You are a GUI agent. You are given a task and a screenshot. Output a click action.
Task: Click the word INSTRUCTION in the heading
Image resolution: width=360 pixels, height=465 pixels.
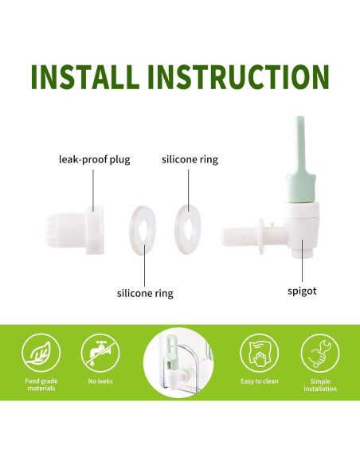click(239, 76)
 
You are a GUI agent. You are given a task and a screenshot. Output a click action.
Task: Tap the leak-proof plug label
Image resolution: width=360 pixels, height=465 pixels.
click(94, 159)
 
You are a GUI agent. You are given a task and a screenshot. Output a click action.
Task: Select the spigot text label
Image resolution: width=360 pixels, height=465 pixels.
click(302, 291)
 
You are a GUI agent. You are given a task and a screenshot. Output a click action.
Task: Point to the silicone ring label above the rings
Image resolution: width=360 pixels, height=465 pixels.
click(190, 159)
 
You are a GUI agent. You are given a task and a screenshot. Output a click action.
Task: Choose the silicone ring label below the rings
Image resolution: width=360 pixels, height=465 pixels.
click(145, 293)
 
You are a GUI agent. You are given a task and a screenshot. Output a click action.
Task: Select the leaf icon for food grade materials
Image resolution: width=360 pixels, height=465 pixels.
click(40, 352)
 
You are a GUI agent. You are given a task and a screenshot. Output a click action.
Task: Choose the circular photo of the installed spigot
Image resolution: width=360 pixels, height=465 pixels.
click(180, 363)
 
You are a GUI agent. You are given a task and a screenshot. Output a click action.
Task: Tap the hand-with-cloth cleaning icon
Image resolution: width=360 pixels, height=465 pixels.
click(260, 352)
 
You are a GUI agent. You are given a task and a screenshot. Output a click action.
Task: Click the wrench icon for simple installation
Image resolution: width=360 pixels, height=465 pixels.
click(319, 352)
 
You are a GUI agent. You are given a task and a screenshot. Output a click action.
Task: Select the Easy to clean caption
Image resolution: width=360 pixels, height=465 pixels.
click(260, 381)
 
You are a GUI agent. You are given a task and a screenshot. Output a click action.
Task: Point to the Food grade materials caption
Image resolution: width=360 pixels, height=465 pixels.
click(40, 385)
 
